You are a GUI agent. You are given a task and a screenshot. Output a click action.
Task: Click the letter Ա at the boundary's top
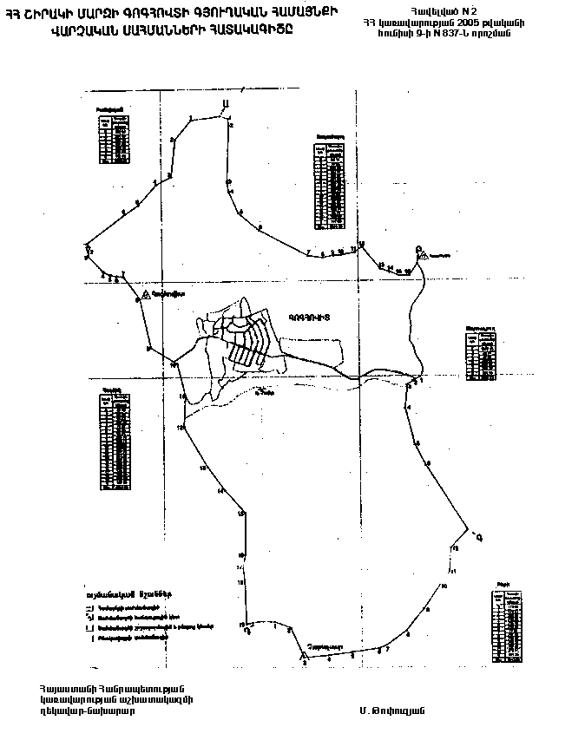point(225,105)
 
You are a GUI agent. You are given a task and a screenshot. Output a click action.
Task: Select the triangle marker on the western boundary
point(146,295)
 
